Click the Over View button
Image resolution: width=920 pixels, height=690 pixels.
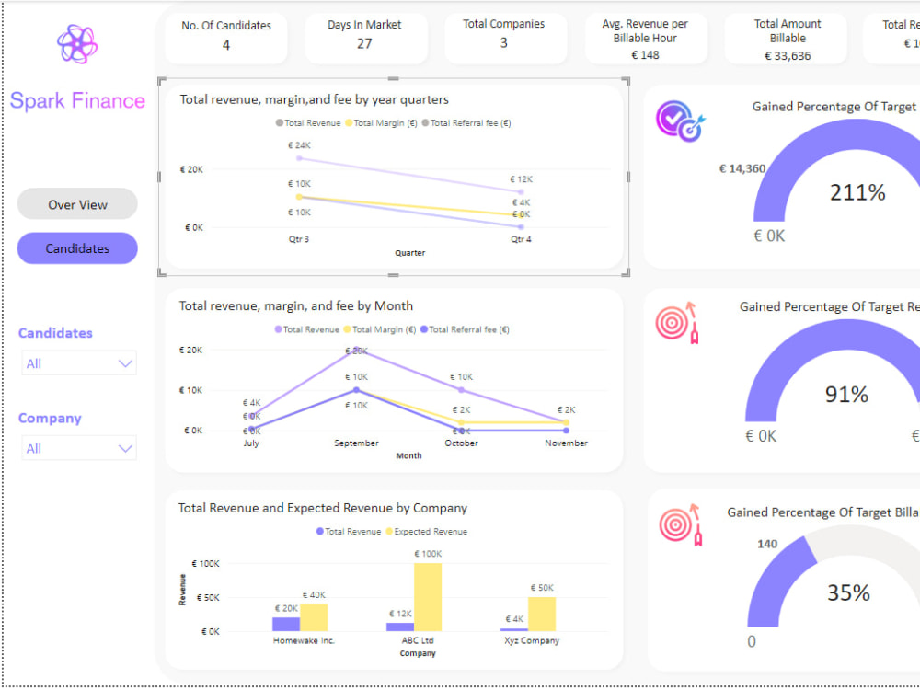(x=77, y=204)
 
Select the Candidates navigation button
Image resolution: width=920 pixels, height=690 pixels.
(x=77, y=248)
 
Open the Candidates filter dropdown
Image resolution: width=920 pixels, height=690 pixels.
(x=79, y=363)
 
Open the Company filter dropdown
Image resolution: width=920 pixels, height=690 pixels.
(x=79, y=448)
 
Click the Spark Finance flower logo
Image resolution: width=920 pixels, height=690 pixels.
(x=76, y=44)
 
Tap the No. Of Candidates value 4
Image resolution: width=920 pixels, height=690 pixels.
(x=226, y=44)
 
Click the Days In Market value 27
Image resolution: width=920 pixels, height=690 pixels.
(x=364, y=43)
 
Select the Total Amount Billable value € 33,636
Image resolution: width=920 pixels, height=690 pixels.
(x=788, y=55)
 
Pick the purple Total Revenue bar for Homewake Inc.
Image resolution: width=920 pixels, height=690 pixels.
(x=286, y=624)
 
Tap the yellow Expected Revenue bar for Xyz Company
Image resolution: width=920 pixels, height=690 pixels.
(x=542, y=614)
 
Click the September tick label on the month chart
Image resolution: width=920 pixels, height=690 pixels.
(x=356, y=443)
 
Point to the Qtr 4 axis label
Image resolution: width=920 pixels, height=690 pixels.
(x=521, y=239)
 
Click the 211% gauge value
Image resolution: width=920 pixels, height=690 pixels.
(x=857, y=192)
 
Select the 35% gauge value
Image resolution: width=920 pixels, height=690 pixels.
(x=848, y=592)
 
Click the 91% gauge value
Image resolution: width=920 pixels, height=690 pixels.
(x=846, y=394)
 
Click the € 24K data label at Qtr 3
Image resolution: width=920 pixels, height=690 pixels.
(x=299, y=145)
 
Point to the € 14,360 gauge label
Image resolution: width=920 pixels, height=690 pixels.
(x=742, y=168)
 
